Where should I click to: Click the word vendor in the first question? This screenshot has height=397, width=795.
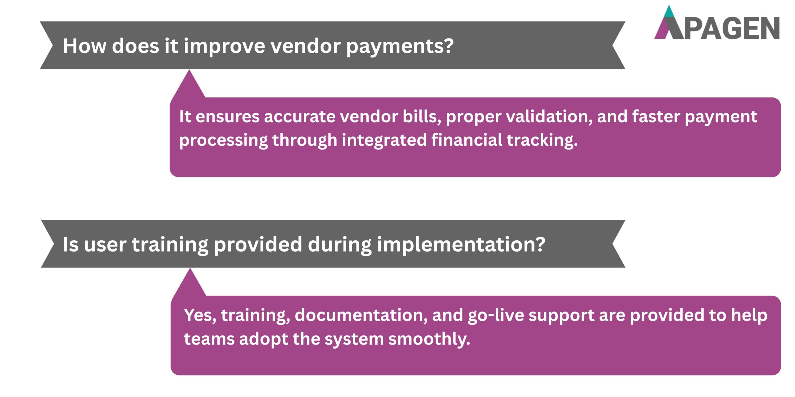[x=305, y=46]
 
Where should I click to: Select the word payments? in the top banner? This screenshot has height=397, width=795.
[x=400, y=47]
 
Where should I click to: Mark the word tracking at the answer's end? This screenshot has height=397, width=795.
[x=542, y=140]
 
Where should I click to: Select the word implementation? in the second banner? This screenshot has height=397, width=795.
[x=461, y=245]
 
